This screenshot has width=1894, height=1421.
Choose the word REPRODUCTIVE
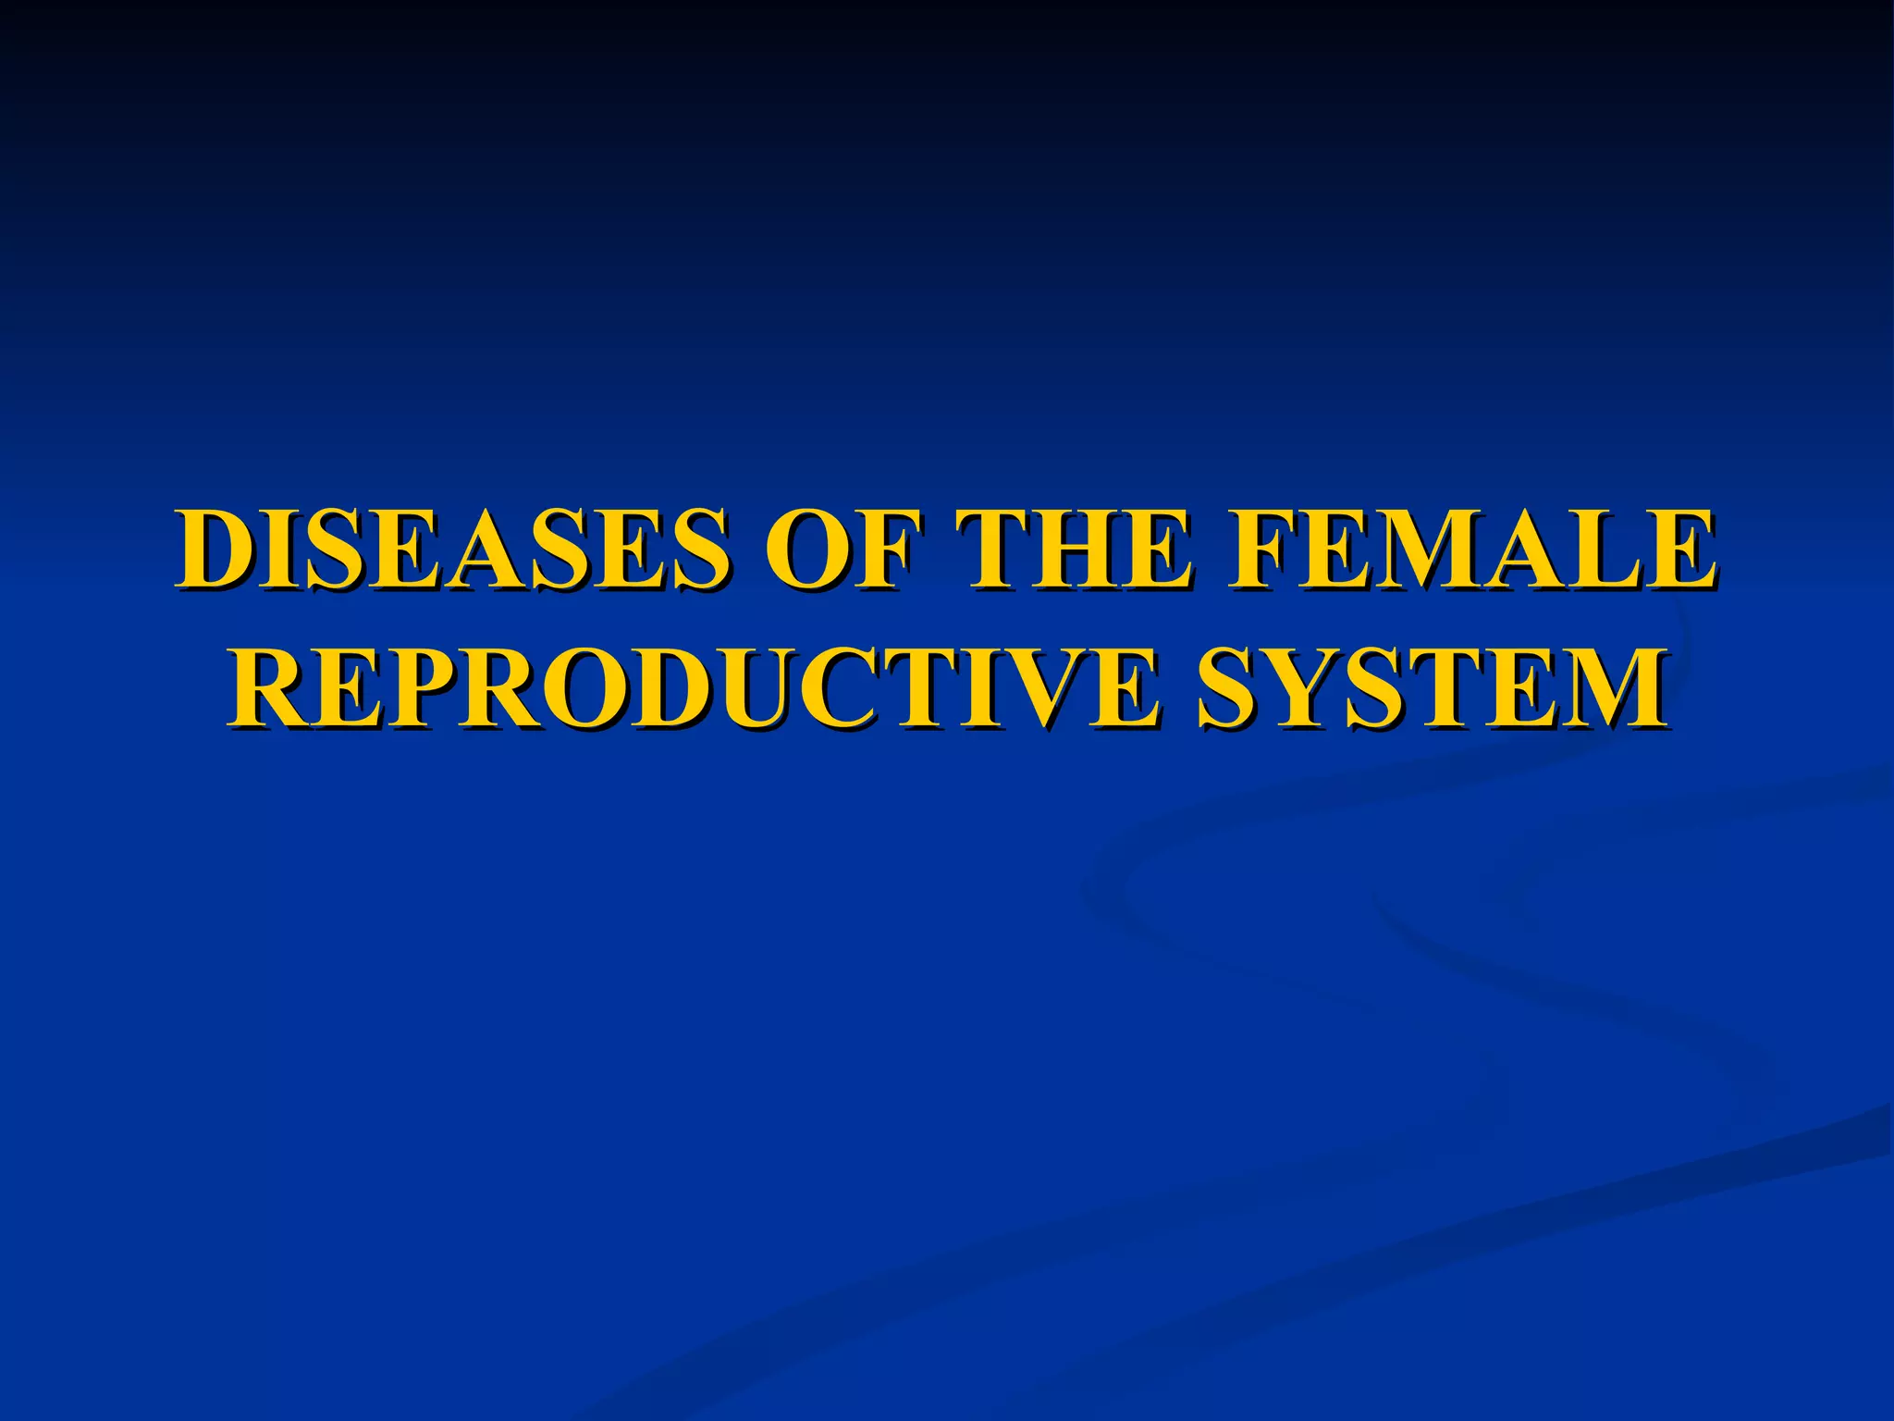click(694, 689)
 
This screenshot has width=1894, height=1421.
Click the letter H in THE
click(1074, 550)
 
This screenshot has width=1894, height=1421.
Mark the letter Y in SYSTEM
click(1304, 689)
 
